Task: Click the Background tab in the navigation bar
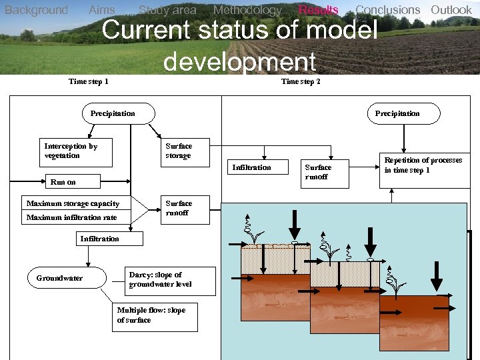(36, 10)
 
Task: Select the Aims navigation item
(101, 10)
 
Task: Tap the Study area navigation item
(167, 10)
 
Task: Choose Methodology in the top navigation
(247, 10)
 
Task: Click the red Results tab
(318, 10)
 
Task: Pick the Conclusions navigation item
(387, 10)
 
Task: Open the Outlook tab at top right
(451, 10)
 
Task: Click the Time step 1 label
(89, 81)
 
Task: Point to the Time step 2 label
(301, 81)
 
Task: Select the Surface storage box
(185, 152)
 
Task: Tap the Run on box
(63, 181)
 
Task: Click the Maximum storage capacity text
(73, 203)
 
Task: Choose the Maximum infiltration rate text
(71, 217)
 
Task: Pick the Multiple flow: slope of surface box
(154, 316)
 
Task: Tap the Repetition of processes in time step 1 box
(422, 165)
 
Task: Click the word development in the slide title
(239, 61)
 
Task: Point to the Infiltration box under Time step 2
(251, 168)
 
